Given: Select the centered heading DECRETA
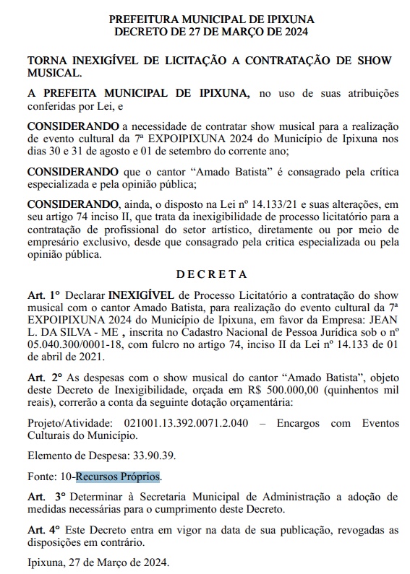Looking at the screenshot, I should pos(212,274).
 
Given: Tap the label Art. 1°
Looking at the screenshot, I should pos(43,296).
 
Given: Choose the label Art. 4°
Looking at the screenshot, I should pos(43,531).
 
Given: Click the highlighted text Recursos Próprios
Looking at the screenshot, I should pos(119,477).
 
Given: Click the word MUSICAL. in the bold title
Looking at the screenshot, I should pos(55,73).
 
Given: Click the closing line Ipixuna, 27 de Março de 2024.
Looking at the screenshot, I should pos(97,562).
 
